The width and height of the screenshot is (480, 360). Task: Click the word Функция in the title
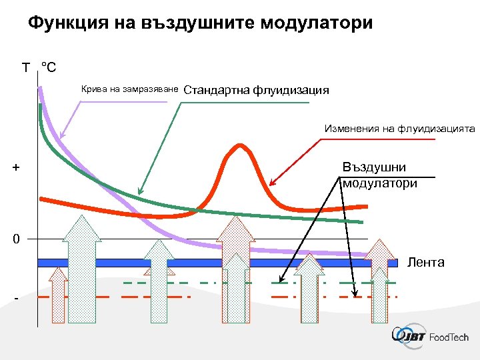tap(65, 24)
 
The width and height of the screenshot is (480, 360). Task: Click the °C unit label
tap(49, 67)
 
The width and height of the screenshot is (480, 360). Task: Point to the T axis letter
tap(25, 67)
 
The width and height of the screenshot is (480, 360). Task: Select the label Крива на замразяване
tap(129, 89)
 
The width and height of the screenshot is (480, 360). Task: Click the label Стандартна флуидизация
tap(256, 90)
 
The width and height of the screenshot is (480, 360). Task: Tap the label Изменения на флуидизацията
tap(399, 128)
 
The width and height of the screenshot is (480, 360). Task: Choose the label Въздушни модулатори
tap(379, 175)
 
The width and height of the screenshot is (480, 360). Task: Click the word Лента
tap(425, 262)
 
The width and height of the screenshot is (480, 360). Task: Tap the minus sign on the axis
tap(16, 299)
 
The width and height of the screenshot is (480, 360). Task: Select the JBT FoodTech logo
tap(430, 337)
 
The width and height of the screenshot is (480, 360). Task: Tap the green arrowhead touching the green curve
tap(139, 191)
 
